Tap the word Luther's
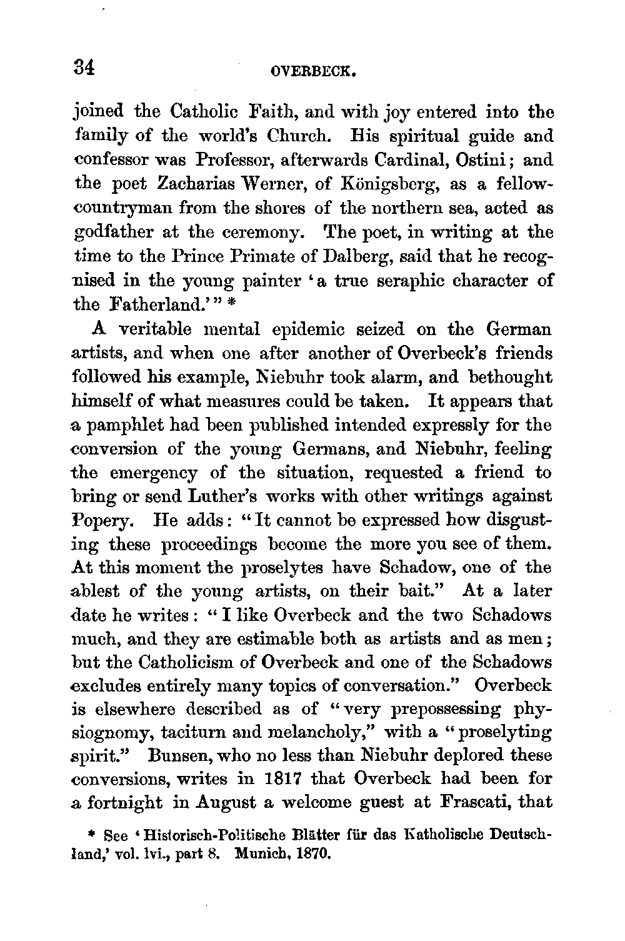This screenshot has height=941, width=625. coord(224,496)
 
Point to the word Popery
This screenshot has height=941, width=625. coord(103,520)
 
